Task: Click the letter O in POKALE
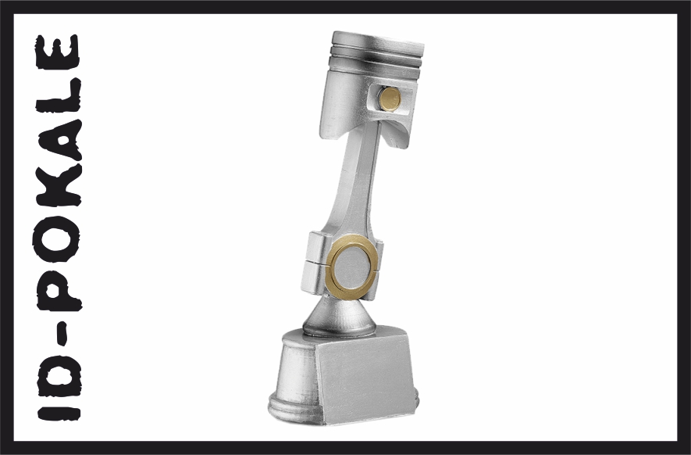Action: (x=57, y=238)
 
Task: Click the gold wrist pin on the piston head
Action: (x=390, y=99)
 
